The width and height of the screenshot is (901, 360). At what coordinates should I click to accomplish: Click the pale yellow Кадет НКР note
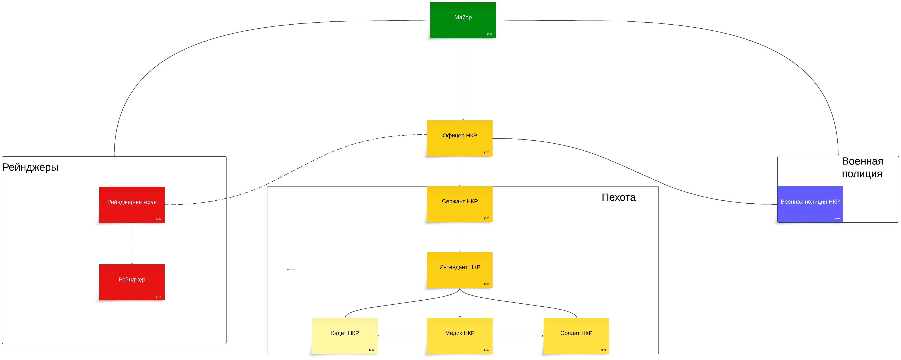[x=345, y=335]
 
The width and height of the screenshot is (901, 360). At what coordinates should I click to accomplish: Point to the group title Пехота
[x=618, y=197]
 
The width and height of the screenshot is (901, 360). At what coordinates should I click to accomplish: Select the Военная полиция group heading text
[x=862, y=167]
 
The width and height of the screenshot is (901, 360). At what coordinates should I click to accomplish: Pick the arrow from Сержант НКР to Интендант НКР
[x=460, y=237]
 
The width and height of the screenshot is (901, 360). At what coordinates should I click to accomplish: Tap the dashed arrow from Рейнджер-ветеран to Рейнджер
[x=132, y=243]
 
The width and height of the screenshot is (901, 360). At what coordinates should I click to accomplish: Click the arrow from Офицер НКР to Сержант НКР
[x=460, y=171]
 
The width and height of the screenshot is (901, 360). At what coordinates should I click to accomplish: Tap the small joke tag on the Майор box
[x=489, y=34]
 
